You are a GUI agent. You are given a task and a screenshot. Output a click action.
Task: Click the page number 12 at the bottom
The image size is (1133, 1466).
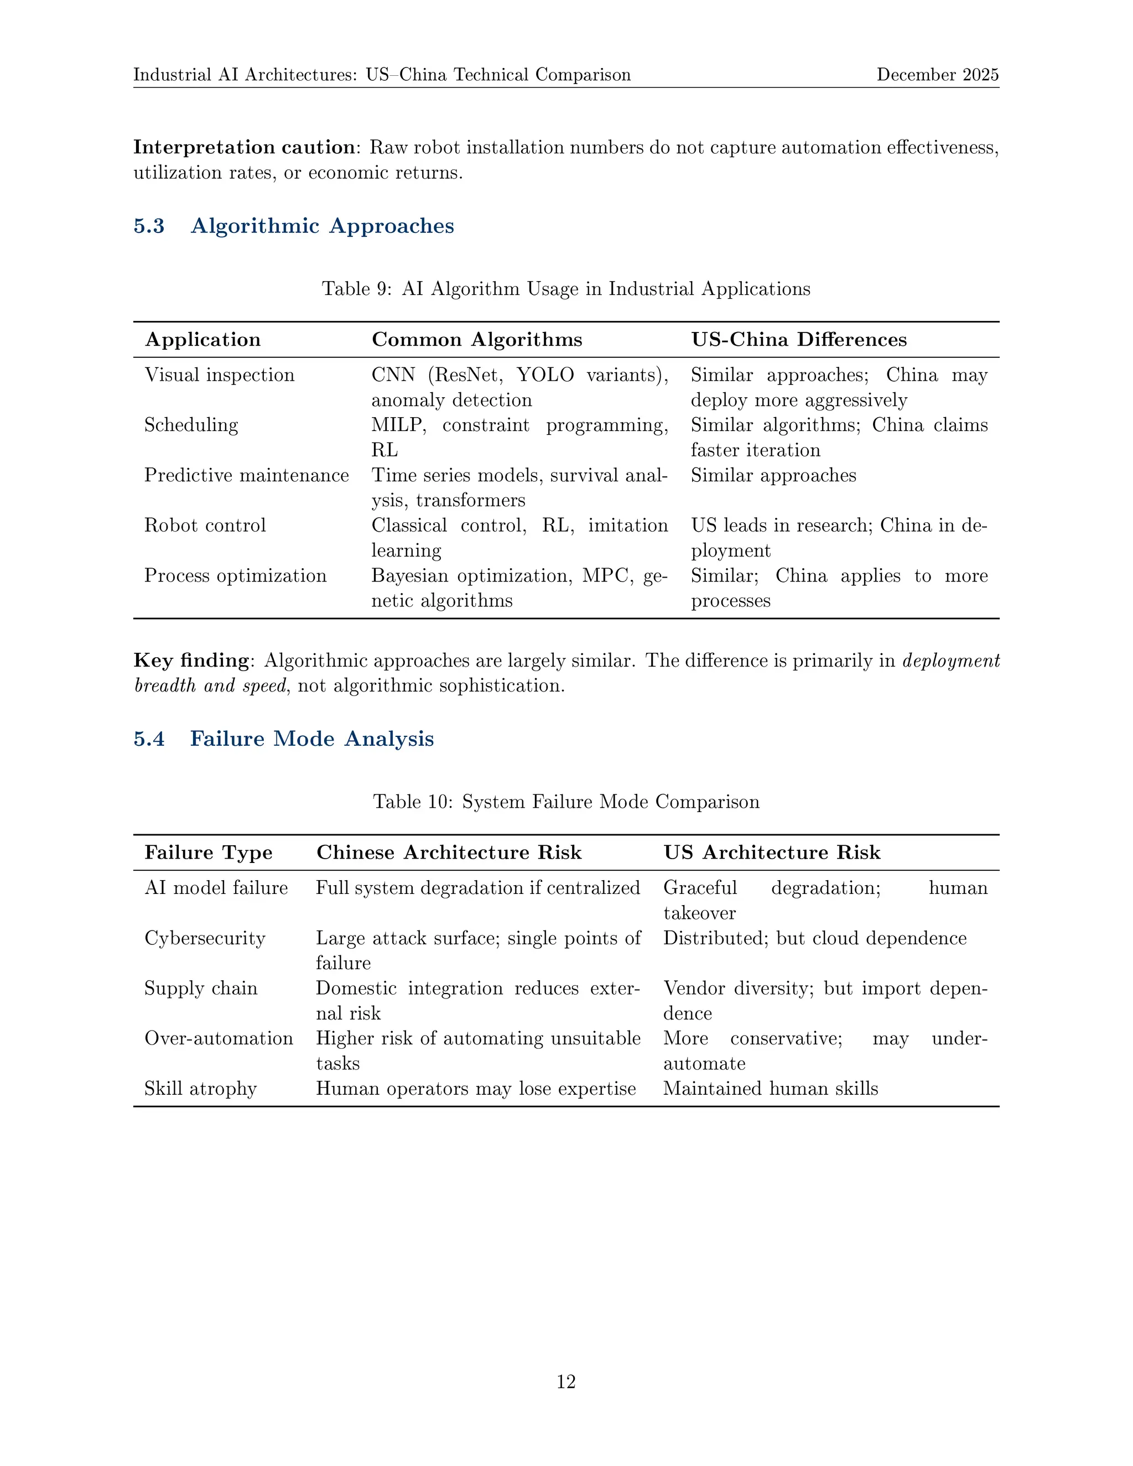[566, 1381]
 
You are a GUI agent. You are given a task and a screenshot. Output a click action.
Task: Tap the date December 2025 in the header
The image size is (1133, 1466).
[937, 75]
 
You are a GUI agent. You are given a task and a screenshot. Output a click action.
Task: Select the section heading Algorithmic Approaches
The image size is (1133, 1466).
[322, 226]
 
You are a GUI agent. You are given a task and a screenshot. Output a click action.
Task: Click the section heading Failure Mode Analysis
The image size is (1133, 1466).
[311, 739]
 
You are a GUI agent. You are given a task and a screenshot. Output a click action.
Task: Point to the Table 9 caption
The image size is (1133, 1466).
[566, 289]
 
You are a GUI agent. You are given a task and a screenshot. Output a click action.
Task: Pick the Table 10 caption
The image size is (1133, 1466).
[566, 802]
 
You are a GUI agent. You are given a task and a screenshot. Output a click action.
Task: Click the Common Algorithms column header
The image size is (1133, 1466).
[476, 340]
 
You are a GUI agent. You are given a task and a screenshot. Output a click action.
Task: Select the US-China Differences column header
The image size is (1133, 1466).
[799, 340]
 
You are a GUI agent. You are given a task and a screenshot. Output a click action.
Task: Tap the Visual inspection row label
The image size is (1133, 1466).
[220, 375]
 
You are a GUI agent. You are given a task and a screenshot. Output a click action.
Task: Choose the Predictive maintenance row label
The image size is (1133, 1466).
[246, 475]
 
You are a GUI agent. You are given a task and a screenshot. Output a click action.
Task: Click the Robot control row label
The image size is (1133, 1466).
[205, 525]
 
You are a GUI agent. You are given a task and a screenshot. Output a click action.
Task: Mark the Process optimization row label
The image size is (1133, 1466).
[236, 575]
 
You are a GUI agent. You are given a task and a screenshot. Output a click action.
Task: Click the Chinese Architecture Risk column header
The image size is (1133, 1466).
[448, 852]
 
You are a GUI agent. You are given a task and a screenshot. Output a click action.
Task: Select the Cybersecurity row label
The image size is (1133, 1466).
[205, 938]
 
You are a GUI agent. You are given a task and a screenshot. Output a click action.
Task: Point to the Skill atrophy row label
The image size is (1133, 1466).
[201, 1088]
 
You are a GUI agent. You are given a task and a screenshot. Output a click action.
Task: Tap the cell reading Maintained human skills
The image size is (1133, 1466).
[770, 1088]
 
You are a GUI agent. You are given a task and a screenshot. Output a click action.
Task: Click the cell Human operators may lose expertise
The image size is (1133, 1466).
[475, 1088]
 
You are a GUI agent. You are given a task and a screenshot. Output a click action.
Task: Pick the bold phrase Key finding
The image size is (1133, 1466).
[191, 661]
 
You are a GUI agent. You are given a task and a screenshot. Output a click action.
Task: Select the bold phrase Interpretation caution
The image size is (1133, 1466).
[243, 147]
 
